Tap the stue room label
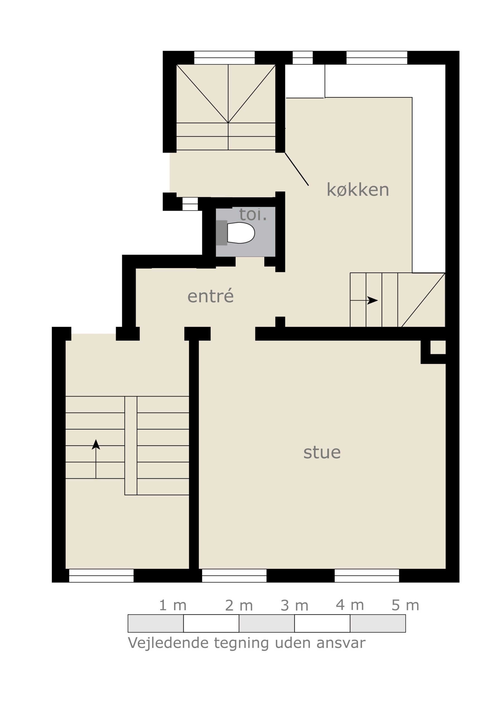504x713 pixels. coord(322,453)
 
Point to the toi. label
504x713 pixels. coord(253,214)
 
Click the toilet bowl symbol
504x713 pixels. coord(241,233)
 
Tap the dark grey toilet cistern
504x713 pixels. coord(222,233)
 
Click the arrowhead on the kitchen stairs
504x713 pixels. coord(372,300)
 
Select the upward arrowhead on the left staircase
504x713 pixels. coord(96,445)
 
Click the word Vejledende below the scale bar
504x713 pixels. coord(168,643)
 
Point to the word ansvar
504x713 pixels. coord(341,643)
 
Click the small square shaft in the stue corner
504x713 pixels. coord(438,347)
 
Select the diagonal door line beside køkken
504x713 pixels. coord(297,169)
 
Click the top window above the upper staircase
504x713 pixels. coord(224,57)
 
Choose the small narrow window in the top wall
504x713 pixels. coord(303,57)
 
